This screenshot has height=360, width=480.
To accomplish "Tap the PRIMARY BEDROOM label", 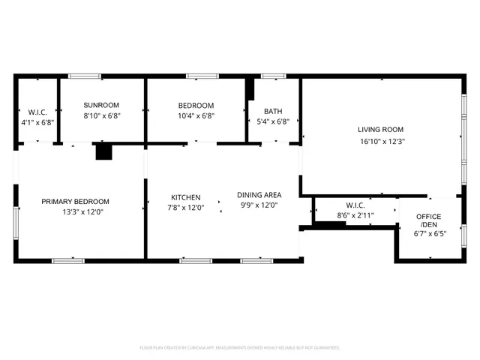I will pos(75,201).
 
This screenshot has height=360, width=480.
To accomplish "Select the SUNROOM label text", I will pos(101,105).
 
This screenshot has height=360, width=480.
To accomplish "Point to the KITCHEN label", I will pos(185,197).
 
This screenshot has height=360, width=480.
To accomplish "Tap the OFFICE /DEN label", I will pos(428,220).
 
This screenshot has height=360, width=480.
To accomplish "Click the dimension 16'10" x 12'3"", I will pos(382,141).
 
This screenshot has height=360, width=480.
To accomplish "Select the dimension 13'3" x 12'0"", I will pos(75,212).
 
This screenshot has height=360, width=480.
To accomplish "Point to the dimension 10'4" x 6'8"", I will pos(196,116).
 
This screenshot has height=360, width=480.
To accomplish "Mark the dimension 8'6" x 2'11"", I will pos(355,215).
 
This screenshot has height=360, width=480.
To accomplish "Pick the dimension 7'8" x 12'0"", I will pos(185,208).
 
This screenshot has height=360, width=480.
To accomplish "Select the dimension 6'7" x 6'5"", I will pos(428,234).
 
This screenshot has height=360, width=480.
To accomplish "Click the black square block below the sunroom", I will pos(103,152).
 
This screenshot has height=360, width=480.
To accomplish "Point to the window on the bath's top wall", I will pos(273,76).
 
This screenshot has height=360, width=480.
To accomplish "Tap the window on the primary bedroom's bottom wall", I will pos(67,260).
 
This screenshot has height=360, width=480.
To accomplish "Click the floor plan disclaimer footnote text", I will pos(240,347).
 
